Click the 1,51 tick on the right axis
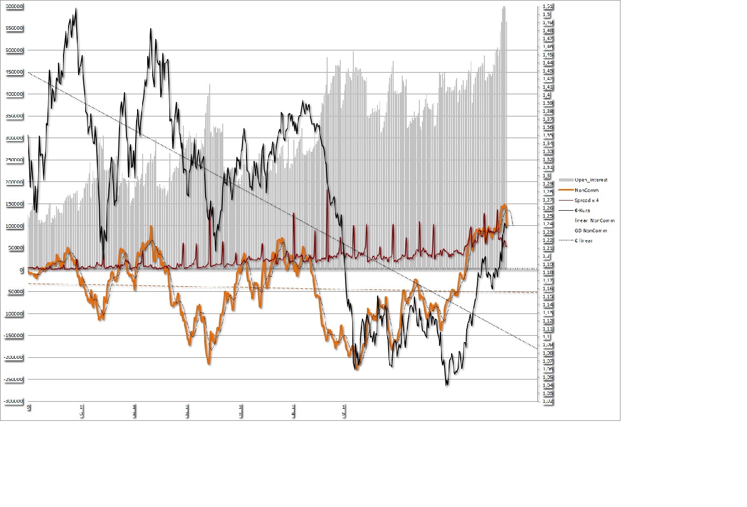[x=547, y=7]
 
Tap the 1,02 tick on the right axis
[x=547, y=401]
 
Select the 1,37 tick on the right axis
[x=547, y=119]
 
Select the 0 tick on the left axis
[x=22, y=270]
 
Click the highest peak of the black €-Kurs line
[x=76, y=9]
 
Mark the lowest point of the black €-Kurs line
[x=447, y=385]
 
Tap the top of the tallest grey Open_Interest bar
[x=504, y=7]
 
